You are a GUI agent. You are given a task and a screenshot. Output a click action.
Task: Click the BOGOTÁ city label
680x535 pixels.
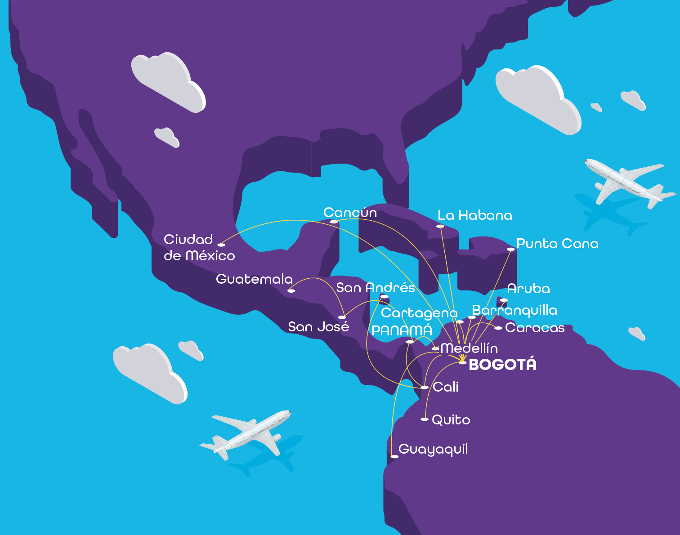[502, 364]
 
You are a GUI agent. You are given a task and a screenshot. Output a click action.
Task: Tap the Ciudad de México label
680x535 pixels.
[199, 247]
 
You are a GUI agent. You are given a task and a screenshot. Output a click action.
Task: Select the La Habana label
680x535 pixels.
[475, 216]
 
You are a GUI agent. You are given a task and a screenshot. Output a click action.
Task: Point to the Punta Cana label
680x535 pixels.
[557, 244]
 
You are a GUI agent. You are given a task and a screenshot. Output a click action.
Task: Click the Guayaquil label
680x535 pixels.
[433, 449]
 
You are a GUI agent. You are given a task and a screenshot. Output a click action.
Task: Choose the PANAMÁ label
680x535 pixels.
[402, 330]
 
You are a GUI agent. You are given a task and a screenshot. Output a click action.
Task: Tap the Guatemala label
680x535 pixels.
[254, 279]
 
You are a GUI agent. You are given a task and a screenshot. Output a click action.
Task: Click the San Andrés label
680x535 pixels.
[376, 288]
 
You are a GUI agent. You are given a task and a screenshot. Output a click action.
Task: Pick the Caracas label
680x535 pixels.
[535, 328]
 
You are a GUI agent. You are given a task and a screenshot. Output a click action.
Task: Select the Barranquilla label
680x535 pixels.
[514, 310]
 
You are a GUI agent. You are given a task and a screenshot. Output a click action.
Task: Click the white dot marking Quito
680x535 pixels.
[425, 419]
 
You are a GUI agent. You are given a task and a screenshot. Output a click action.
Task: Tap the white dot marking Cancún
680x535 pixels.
[334, 222]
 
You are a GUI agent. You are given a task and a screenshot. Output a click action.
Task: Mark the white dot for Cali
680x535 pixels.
[425, 387]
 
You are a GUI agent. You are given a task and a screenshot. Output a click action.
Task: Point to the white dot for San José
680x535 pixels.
[342, 317]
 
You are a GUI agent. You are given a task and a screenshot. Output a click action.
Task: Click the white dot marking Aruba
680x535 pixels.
[504, 300]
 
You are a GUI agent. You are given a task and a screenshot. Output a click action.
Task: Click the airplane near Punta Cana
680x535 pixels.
[630, 182]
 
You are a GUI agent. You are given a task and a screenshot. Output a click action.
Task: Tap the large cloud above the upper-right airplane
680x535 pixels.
[537, 99]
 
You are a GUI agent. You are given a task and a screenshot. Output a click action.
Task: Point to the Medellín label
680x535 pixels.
[469, 348]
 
